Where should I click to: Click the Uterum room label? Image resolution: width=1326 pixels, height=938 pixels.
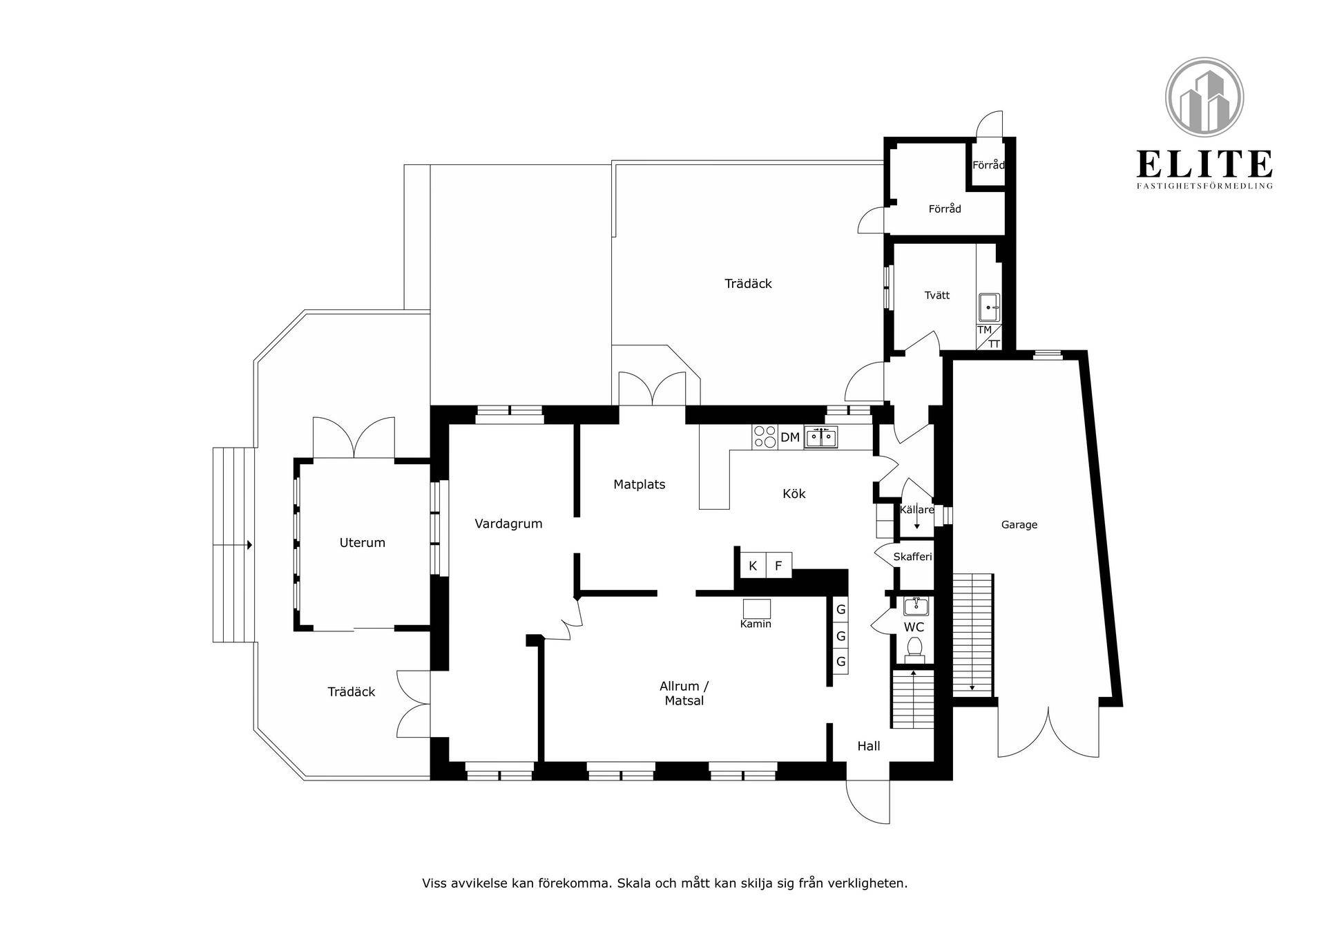click(x=362, y=543)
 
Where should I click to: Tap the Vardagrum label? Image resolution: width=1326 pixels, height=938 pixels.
click(x=508, y=524)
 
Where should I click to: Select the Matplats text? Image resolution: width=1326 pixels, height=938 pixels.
click(x=639, y=485)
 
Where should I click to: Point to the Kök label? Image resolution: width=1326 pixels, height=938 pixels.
click(x=794, y=494)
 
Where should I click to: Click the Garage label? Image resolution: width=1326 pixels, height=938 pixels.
click(x=1019, y=525)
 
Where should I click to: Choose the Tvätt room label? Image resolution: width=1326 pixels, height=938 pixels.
click(x=937, y=296)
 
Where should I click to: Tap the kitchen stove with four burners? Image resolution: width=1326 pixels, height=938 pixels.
click(x=765, y=437)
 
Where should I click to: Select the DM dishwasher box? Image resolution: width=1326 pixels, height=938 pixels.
click(x=790, y=437)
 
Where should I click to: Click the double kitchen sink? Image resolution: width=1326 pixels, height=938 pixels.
click(x=820, y=437)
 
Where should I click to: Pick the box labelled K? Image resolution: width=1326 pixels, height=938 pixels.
click(x=753, y=566)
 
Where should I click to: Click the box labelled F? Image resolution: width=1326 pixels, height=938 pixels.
click(x=778, y=566)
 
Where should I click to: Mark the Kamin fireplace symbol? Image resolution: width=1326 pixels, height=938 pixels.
click(x=756, y=609)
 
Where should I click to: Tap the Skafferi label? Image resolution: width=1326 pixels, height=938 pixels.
click(x=912, y=557)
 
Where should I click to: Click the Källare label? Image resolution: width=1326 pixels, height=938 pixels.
click(x=916, y=510)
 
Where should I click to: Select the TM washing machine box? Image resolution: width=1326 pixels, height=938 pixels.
click(x=984, y=330)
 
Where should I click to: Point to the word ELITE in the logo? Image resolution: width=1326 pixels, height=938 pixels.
click(x=1204, y=164)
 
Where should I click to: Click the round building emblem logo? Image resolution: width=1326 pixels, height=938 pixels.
click(x=1204, y=97)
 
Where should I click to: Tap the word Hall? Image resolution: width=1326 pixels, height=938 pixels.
click(x=869, y=746)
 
